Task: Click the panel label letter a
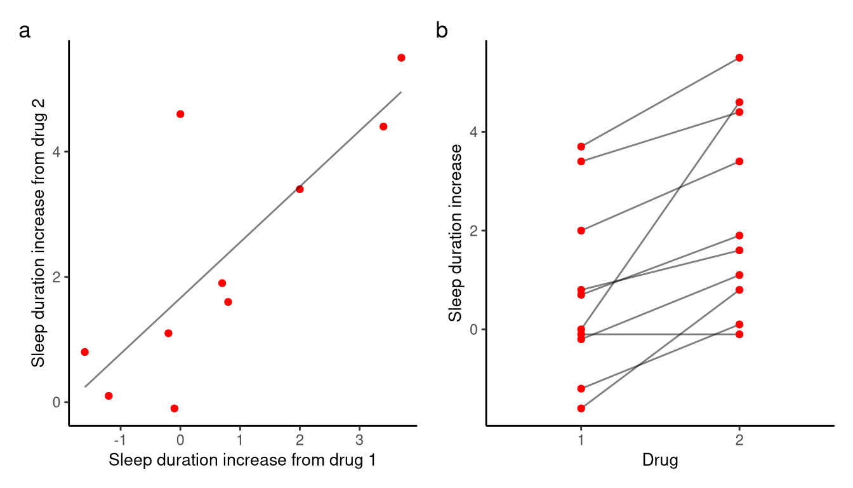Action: point(25,31)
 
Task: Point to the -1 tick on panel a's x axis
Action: point(121,440)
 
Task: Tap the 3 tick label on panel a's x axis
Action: point(359,440)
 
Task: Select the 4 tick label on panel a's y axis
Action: point(56,152)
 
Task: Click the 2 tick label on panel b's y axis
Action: point(473,231)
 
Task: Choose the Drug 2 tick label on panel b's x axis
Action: point(739,440)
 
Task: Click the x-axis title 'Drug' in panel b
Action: point(660,461)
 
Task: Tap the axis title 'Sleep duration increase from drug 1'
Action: point(242,461)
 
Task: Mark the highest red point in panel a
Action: point(401,58)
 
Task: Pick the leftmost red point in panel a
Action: point(84,352)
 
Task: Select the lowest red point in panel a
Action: point(175,409)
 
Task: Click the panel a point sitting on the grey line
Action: point(300,189)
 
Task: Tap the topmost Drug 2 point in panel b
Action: point(739,58)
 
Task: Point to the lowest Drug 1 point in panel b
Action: point(581,409)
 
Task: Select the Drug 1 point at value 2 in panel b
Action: point(581,231)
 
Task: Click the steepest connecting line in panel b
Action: point(660,216)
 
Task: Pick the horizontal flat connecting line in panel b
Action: point(660,334)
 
